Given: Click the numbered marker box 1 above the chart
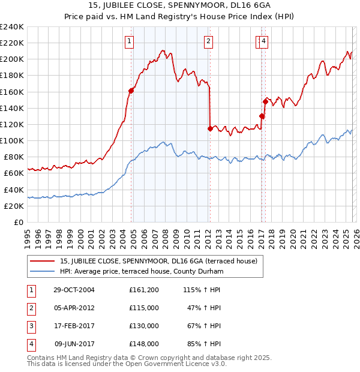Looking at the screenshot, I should click(130, 41).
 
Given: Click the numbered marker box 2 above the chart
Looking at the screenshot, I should click(208, 41).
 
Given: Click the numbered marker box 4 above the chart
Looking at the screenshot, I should click(264, 41).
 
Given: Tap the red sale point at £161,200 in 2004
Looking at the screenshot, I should click(131, 91).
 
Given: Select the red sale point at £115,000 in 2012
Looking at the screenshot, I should click(210, 128).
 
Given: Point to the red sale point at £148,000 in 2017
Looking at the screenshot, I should click(265, 101).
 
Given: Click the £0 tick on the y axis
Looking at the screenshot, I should click(19, 222).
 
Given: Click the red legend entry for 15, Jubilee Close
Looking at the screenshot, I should click(158, 261).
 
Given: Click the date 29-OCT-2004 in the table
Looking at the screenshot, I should click(74, 289).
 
